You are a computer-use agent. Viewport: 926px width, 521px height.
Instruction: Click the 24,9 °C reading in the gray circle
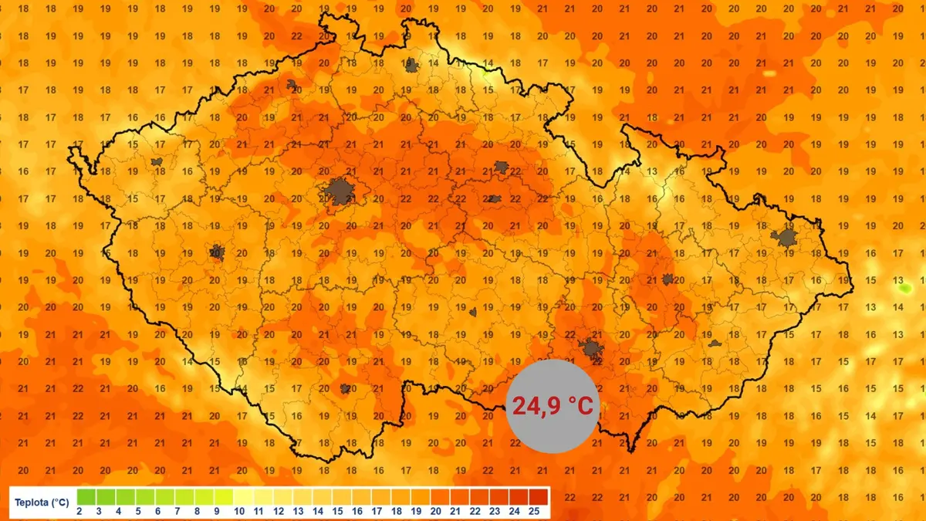[x=553, y=406]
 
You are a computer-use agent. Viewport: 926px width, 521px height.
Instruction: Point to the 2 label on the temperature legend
[x=79, y=511]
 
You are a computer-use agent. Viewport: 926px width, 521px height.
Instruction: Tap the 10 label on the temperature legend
[x=238, y=511]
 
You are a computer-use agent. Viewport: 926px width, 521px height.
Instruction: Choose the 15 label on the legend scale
[x=338, y=511]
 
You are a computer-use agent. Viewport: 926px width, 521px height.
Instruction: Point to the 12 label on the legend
[x=279, y=511]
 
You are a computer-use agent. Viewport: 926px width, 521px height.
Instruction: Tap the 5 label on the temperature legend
[x=139, y=511]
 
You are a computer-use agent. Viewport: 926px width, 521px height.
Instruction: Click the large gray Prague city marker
[x=338, y=191]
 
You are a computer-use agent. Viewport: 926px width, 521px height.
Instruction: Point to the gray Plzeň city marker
[x=217, y=252]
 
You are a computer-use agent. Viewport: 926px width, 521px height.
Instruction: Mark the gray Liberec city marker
[x=411, y=66]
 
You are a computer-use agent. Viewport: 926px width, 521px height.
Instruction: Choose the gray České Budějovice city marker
[x=345, y=389]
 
